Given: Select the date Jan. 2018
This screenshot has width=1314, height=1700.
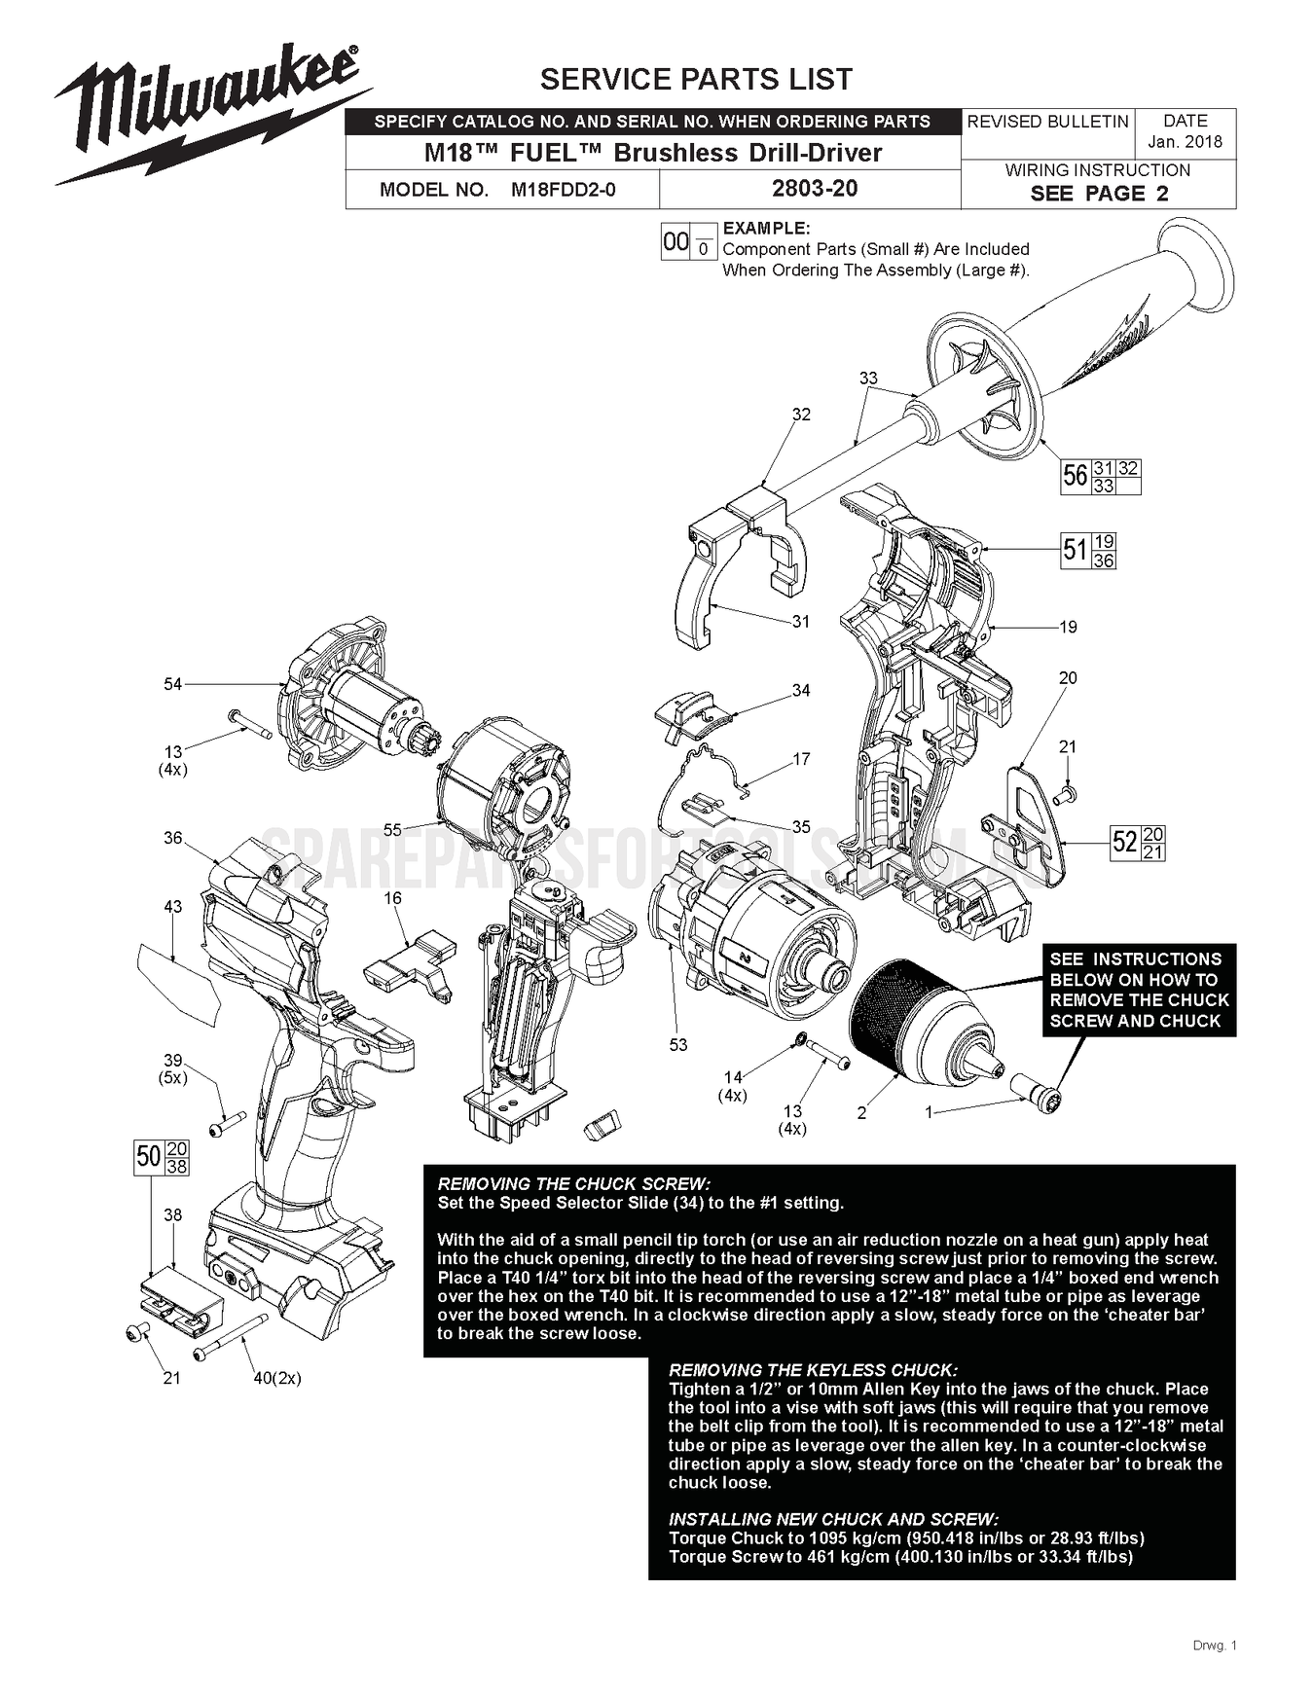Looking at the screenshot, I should [1185, 142].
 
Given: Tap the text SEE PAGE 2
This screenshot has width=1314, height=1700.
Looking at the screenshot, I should [1099, 194].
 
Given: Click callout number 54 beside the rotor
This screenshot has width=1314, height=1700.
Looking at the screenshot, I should [172, 684].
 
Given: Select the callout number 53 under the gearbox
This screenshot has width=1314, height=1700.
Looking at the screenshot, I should [678, 1044].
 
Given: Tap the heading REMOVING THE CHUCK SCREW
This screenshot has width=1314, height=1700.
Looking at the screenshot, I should [574, 1184].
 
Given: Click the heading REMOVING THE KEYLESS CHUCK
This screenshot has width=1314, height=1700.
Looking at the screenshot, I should [813, 1370].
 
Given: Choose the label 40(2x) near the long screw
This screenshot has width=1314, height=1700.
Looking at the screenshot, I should [277, 1378].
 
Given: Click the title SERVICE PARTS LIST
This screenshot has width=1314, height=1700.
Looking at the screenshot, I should [696, 79].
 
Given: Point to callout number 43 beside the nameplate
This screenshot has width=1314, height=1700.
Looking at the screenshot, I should [172, 907].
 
